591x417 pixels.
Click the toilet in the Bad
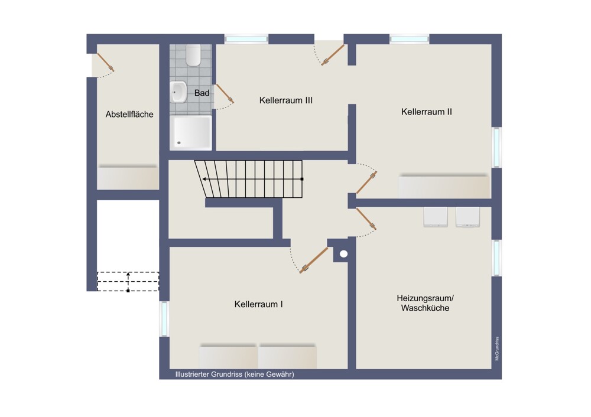193,56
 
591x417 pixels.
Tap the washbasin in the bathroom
178,92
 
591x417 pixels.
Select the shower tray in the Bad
191,132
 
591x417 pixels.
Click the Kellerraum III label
285,100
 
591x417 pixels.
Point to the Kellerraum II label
426,112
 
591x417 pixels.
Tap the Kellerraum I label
258,304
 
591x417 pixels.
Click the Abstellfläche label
129,114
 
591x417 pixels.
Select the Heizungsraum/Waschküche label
425,303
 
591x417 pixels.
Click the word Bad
202,93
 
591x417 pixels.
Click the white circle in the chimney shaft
343,254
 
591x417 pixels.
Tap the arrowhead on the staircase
204,179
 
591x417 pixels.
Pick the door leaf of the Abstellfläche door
106,62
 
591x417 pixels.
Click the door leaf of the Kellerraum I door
314,260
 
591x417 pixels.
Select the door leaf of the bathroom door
224,93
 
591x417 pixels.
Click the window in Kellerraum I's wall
164,318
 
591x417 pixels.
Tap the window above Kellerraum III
246,39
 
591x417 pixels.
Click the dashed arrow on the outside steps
128,282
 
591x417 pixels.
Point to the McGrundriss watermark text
497,348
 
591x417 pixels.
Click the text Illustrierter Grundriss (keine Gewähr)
235,374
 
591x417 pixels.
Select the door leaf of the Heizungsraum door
366,219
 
